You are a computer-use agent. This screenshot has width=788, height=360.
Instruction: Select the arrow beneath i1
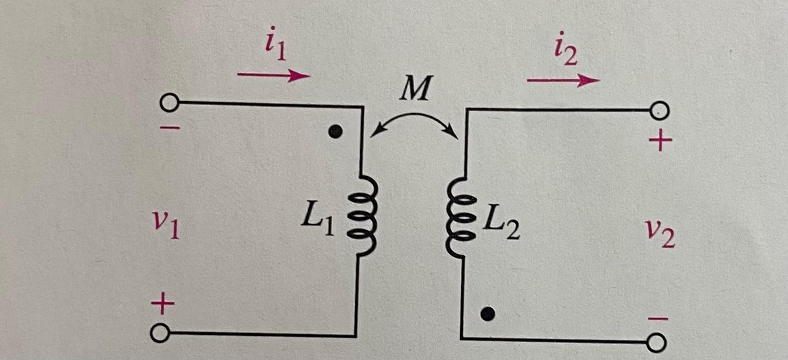(x=274, y=76)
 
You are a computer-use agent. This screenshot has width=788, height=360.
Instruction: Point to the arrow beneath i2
(x=563, y=80)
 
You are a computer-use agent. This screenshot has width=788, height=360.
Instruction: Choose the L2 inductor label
(x=501, y=224)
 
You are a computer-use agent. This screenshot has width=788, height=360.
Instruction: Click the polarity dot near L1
(x=337, y=131)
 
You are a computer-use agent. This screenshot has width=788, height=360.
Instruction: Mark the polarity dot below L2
(x=488, y=313)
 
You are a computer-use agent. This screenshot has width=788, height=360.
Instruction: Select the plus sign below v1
(x=163, y=304)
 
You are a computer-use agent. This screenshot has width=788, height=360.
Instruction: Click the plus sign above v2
(x=660, y=142)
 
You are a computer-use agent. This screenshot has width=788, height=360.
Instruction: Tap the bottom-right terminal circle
(x=656, y=343)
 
